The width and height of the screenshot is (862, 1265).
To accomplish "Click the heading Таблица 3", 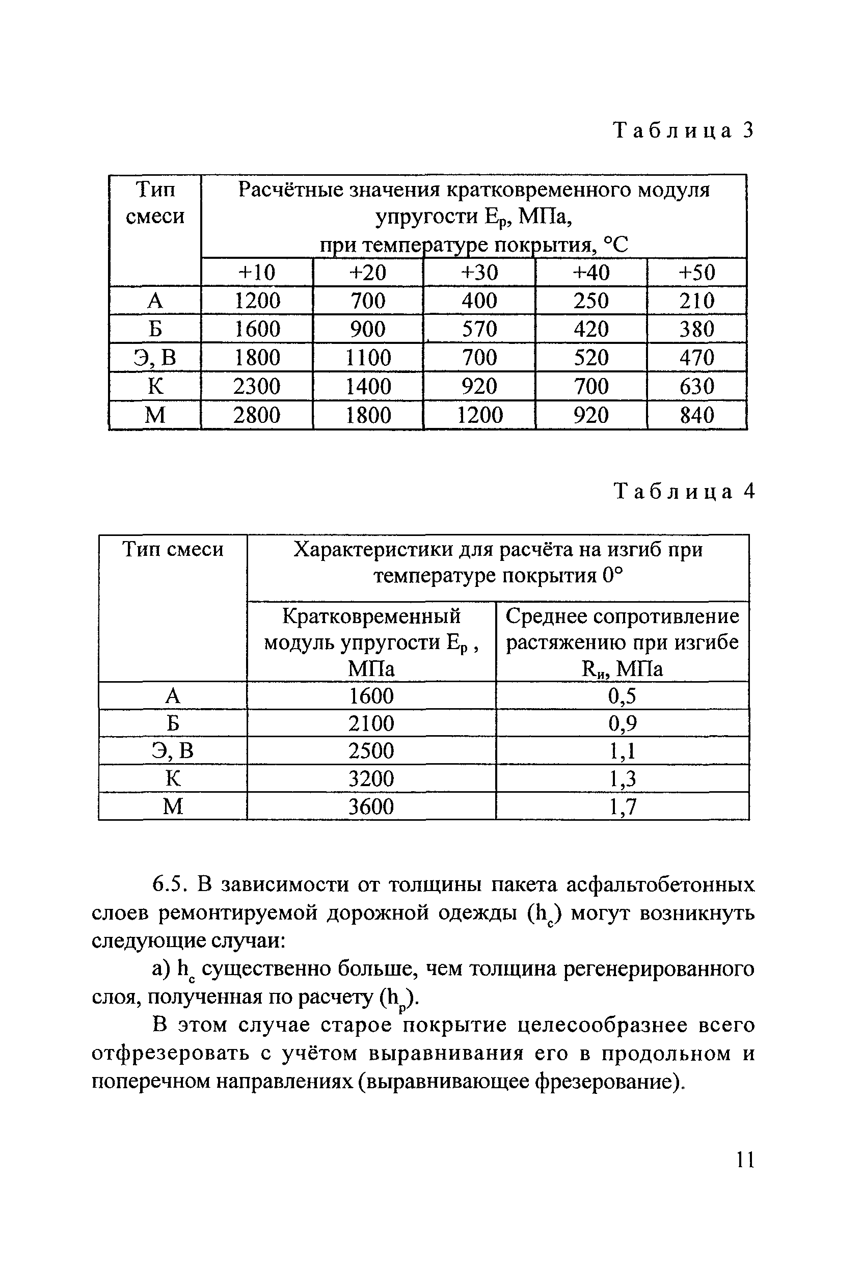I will point(684,130).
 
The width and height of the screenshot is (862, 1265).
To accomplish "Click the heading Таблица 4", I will point(684,492).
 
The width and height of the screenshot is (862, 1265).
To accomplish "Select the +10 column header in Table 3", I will point(257,272).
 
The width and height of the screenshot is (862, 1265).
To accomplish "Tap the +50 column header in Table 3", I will point(696,272).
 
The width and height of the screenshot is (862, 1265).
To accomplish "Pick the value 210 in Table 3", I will point(696,301).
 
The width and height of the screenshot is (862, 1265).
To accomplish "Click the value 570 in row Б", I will point(479,329).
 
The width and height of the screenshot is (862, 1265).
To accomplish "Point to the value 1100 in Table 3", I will point(368,358).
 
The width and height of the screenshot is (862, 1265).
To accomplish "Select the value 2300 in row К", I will point(257,387).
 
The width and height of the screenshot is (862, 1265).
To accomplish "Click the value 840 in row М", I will point(696,415).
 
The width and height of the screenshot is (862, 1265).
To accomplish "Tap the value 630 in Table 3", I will point(696,387).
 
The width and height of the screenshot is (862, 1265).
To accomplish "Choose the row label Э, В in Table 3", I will point(155,358).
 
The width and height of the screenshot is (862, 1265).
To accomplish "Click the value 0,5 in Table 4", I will point(622,695).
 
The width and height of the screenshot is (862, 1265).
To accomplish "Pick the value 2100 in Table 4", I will point(371,723).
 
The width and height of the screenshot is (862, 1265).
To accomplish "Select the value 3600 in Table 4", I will point(371,806).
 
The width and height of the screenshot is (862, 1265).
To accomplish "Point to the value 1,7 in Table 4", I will point(622,806).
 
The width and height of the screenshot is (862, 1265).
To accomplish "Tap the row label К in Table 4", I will point(173,778).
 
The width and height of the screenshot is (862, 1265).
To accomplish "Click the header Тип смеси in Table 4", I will point(173,549).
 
